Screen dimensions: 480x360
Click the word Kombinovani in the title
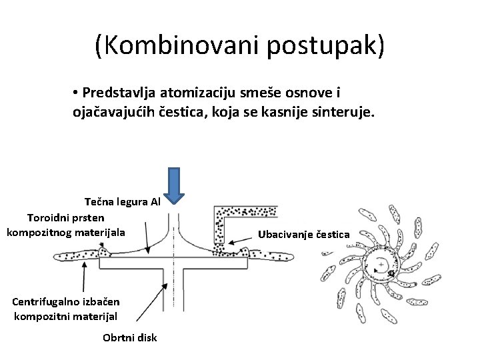click(183, 47)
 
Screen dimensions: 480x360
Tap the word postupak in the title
click(323, 47)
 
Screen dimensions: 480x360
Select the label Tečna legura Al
click(123, 201)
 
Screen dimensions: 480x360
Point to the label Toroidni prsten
click(65, 217)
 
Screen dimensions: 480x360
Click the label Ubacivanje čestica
click(308, 233)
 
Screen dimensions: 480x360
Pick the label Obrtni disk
click(130, 337)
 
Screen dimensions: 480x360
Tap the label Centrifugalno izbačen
click(59, 301)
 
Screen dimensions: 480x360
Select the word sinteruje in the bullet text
click(346, 113)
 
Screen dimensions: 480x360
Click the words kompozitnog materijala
click(65, 231)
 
